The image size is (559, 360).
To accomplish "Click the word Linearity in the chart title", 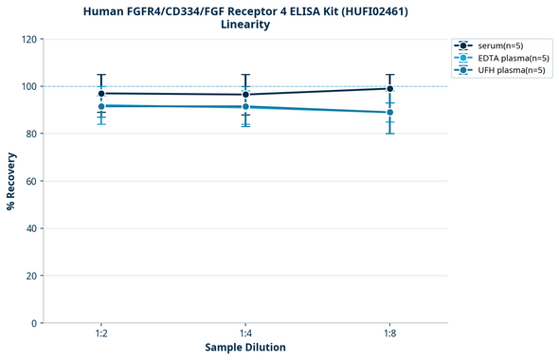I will coord(244,25).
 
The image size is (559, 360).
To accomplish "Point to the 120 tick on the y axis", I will coord(27,39).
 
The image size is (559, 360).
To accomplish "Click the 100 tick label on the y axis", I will coord(27,86).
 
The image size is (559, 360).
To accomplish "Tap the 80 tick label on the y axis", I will coord(30,134).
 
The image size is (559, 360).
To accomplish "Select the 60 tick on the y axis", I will coord(30,181).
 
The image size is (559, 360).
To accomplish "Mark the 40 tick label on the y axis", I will coord(30,228).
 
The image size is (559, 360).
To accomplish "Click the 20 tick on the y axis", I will coord(30,276).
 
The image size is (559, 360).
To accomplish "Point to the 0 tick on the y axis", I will coord(33,323).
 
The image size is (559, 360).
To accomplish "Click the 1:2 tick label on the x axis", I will coord(100,334).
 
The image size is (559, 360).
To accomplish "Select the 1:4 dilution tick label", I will coord(245,334).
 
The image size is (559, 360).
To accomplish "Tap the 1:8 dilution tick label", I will coord(389,334).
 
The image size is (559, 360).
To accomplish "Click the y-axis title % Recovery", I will coord(11,181).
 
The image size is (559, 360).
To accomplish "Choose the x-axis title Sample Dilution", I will coord(245,348).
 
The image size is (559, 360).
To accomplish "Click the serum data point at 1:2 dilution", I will coord(100,94).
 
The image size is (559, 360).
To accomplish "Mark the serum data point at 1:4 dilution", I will coord(245,95).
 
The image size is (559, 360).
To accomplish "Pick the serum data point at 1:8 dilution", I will coord(389,89).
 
